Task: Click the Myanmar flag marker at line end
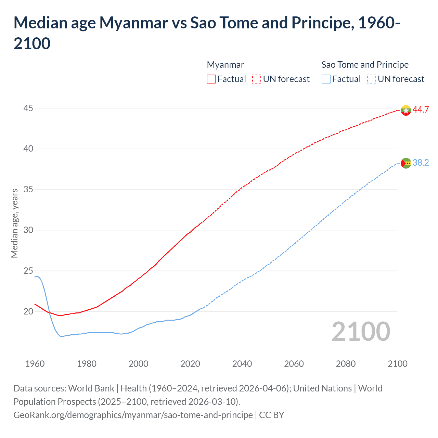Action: tap(406, 110)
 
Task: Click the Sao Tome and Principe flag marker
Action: tap(406, 163)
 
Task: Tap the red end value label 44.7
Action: tap(421, 109)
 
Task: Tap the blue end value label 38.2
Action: tap(421, 163)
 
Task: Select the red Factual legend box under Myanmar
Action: tap(211, 79)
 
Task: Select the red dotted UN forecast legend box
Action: tap(257, 79)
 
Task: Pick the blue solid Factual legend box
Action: tap(326, 79)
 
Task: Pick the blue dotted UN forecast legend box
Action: tap(371, 79)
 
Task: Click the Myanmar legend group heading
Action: tap(226, 65)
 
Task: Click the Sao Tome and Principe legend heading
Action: tap(365, 65)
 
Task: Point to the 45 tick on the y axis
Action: tap(28, 108)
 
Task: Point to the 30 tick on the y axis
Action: tap(28, 230)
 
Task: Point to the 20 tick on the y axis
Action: tap(28, 311)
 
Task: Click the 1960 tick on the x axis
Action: tap(35, 363)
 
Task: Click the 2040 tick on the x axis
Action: tap(242, 363)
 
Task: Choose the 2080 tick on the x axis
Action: tap(346, 363)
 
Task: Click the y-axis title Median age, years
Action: tap(14, 223)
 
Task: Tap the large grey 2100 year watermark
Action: tap(361, 332)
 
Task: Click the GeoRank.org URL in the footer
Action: tap(133, 415)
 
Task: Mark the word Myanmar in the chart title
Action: tap(133, 23)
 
